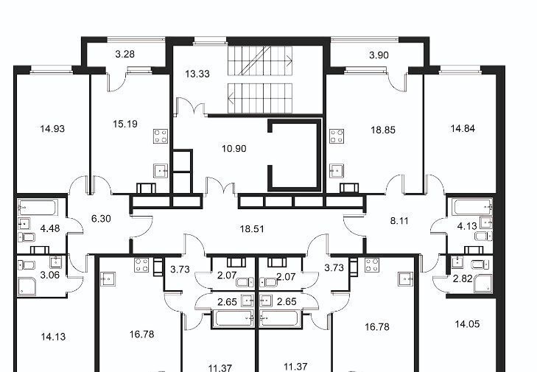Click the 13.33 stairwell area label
197,74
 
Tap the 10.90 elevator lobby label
234,149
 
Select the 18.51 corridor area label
252,229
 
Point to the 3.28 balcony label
124,54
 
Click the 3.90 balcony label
379,55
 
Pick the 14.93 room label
52,129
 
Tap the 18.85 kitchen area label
383,130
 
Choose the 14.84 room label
463,129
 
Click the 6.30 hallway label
101,219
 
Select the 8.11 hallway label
399,221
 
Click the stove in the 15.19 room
161,136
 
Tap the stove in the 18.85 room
337,136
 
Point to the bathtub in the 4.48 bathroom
37,208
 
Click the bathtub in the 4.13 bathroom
472,206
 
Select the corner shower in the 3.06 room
27,287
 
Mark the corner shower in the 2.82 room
483,284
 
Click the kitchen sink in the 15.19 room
161,171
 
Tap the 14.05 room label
467,324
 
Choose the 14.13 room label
53,337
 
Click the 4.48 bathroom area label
50,228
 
